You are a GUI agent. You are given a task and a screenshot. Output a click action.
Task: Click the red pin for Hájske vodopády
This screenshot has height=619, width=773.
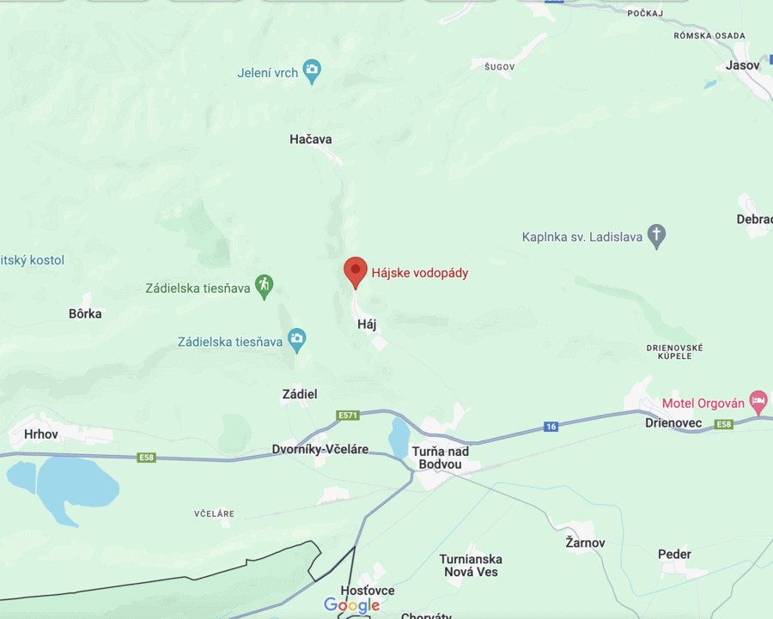coord(356,271)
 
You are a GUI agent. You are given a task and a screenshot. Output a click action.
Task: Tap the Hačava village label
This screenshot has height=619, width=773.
coord(311,139)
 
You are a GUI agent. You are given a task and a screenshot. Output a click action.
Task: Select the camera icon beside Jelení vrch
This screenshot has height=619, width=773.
coord(313,72)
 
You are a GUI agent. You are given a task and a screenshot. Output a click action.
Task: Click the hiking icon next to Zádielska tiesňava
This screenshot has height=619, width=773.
coord(265,286)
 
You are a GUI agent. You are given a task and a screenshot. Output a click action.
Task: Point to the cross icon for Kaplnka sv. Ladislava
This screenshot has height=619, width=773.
coord(657,236)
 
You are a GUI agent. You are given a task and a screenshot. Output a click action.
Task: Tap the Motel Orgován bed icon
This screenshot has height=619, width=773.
coord(758,401)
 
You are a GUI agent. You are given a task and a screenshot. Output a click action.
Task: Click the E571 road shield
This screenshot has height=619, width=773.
coord(348,416)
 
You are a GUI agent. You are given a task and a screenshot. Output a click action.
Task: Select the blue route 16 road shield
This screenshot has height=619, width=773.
coord(551,427)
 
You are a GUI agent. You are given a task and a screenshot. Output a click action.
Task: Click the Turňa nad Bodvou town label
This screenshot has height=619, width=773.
coord(440,458)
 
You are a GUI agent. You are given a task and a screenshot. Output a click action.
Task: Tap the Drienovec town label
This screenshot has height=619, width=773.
coord(673,423)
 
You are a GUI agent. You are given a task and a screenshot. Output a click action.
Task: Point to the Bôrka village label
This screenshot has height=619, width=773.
coord(85,313)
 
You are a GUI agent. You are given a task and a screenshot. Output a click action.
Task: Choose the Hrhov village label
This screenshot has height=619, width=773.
coord(41,434)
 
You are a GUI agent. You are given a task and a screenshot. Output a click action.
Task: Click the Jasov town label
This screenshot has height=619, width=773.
coord(742,65)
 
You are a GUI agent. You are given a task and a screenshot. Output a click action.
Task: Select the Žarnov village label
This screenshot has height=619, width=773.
coord(585,543)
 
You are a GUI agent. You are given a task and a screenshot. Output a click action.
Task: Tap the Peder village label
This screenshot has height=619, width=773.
coord(674,555)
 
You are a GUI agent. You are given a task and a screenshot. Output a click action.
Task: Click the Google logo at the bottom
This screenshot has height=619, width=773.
coord(352,605)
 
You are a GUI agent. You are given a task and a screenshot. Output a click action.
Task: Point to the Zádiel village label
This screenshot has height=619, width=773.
coord(300,394)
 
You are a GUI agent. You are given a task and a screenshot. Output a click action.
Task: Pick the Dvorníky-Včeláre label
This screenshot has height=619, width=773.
coord(320,449)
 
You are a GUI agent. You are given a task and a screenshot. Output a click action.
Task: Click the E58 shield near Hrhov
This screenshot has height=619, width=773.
coord(147,458)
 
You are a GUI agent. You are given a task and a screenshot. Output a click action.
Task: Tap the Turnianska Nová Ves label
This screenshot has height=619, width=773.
coord(471,565)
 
